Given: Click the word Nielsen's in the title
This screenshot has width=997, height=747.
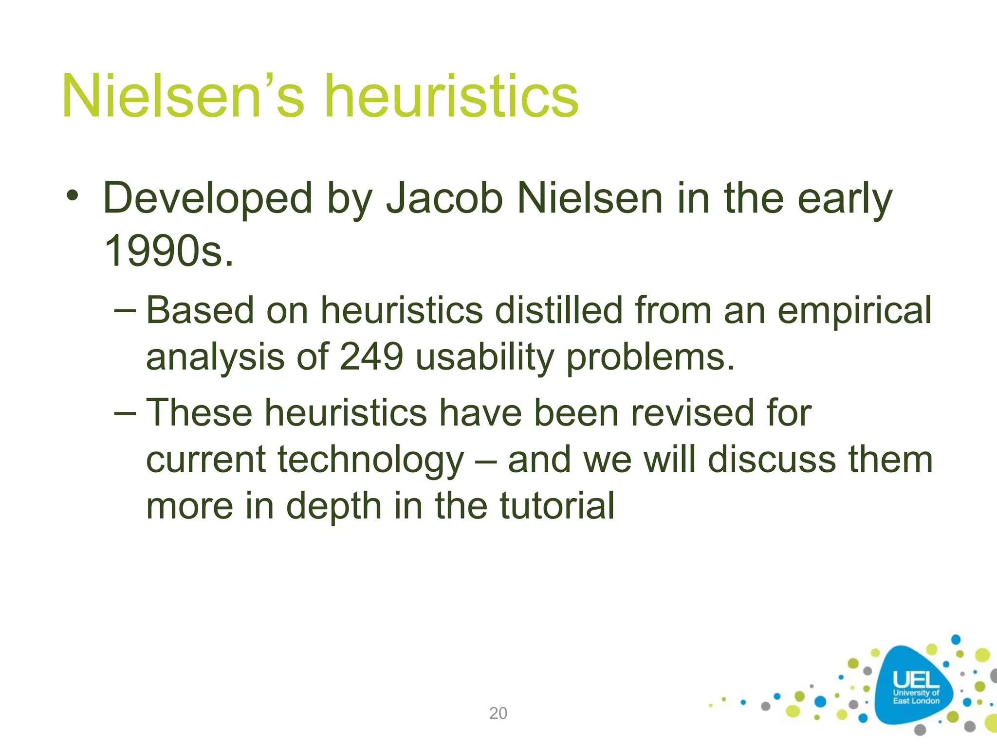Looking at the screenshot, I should point(183,96).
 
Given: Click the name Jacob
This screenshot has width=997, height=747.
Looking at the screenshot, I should point(444,198).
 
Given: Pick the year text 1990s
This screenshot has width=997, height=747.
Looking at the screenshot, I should point(168,251).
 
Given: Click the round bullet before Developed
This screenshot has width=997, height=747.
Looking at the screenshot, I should point(73,196).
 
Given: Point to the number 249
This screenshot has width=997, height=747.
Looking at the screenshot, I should point(371,356).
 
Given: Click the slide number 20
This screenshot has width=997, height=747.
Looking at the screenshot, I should point(498,713).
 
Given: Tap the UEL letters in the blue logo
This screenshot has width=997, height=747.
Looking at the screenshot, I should point(915,680).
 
